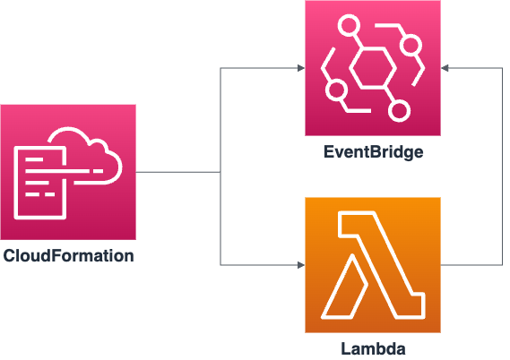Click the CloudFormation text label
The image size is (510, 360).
tap(68, 255)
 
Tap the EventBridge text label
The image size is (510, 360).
tap(373, 152)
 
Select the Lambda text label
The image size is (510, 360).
tap(373, 347)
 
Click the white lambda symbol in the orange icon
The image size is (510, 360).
tap(373, 265)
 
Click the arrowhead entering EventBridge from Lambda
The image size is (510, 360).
tap(445, 68)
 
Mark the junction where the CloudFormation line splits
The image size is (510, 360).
tap(220, 172)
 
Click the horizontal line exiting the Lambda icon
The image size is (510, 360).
tap(471, 265)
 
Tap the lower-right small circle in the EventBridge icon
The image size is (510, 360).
tap(399, 110)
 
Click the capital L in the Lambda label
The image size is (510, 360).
tap(346, 347)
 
